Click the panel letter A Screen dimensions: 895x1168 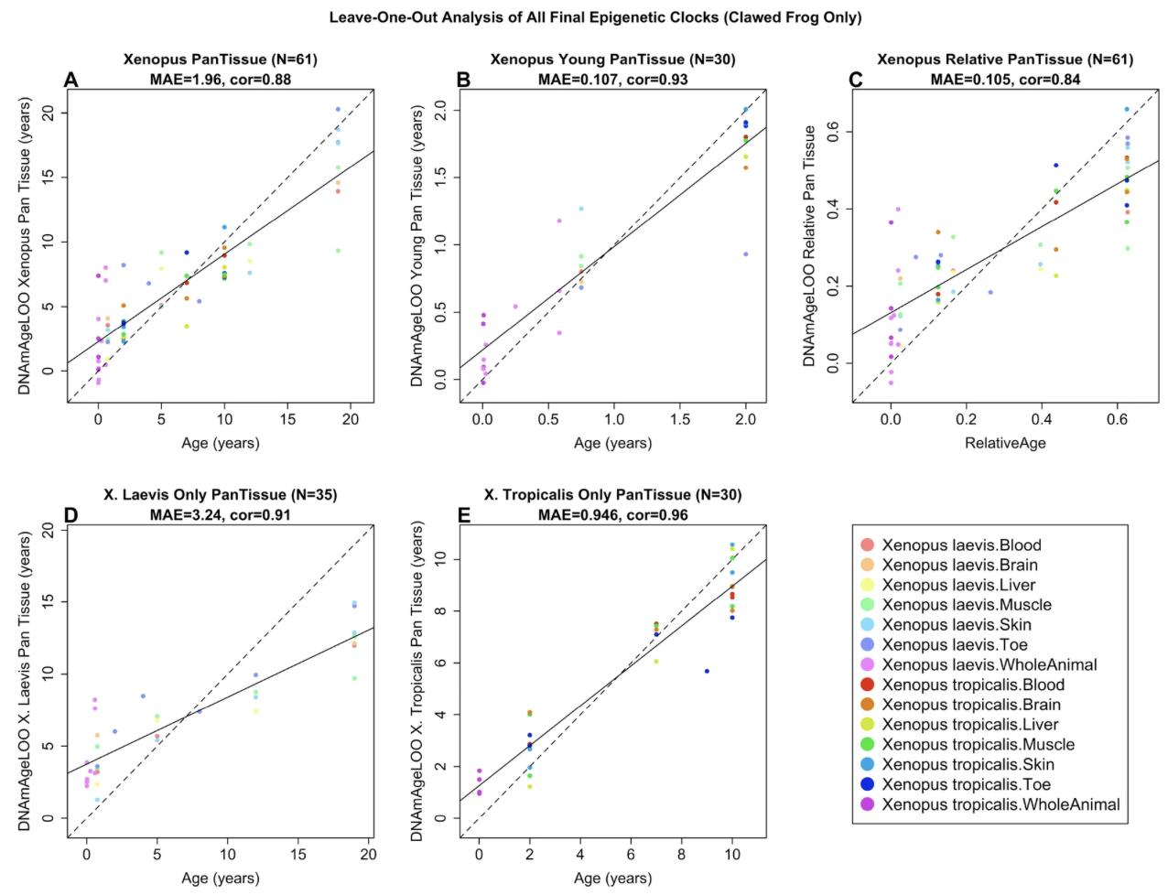[70, 81]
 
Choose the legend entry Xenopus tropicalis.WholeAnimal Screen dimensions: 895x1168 [1000, 804]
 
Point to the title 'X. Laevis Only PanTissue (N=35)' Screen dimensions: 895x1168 [221, 495]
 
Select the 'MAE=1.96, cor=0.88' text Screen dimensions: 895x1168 [221, 80]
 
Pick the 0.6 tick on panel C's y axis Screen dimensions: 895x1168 [833, 132]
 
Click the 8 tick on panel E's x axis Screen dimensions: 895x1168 [681, 854]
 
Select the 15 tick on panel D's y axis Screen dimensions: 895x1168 [48, 601]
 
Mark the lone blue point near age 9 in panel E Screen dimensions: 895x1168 [707, 671]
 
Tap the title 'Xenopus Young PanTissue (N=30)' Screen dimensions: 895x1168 [612, 60]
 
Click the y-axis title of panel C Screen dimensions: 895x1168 [810, 245]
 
